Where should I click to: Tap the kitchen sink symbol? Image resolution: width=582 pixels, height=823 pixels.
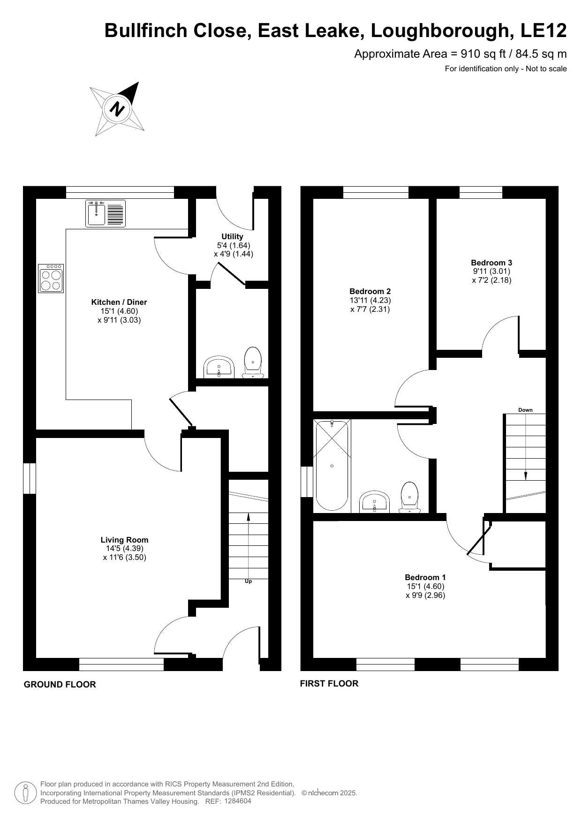[106, 213]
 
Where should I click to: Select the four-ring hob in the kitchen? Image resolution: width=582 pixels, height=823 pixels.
[51, 279]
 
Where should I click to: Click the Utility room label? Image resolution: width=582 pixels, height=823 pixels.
[233, 236]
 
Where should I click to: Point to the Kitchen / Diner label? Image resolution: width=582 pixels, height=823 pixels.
[119, 302]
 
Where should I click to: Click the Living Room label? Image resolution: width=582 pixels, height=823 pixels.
[125, 540]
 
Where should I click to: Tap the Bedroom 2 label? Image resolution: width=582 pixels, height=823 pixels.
[370, 291]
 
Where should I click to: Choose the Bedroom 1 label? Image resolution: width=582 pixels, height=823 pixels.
[425, 577]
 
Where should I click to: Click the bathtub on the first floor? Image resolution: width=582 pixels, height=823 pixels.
[332, 465]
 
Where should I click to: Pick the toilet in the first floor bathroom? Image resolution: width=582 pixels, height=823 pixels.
[410, 497]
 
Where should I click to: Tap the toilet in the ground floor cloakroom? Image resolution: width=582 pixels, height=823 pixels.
[253, 362]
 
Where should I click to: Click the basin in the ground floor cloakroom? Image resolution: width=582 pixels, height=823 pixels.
[219, 367]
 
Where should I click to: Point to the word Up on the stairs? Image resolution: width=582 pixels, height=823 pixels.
[249, 581]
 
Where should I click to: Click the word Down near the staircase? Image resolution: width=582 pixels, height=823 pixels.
[525, 410]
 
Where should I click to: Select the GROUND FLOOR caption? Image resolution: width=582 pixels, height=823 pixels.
[60, 685]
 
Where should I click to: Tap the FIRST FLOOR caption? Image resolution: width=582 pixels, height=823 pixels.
[329, 684]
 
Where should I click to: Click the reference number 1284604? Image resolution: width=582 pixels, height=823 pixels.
[238, 801]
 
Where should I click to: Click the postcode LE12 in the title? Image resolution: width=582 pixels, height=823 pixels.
[544, 30]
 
